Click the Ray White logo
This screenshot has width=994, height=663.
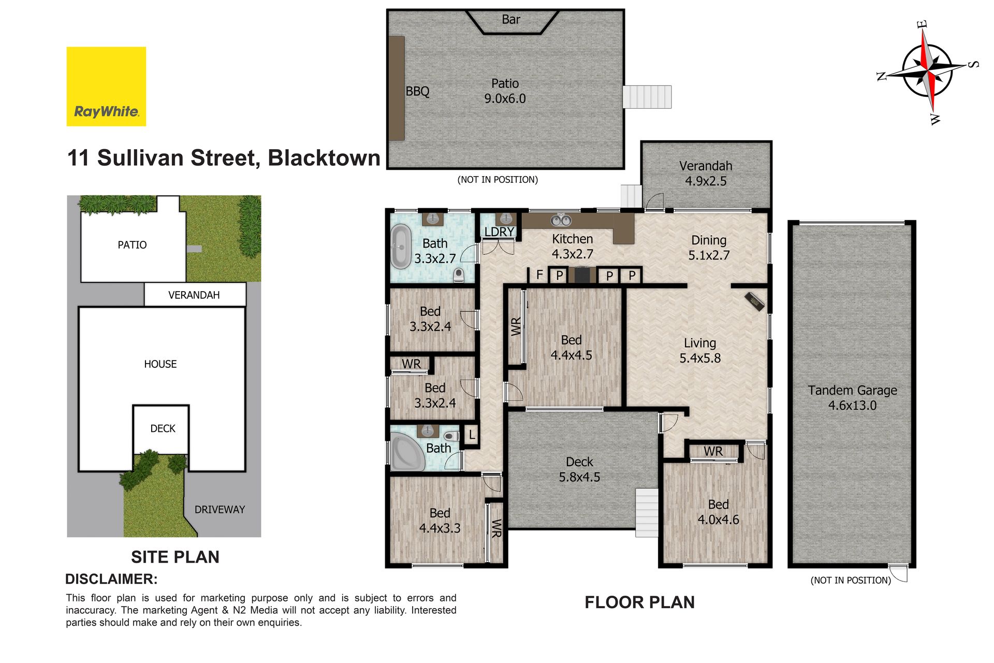coord(106,87)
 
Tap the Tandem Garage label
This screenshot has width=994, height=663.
coord(852,398)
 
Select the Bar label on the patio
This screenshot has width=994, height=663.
coord(510,20)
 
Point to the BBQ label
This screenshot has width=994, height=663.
coord(417,91)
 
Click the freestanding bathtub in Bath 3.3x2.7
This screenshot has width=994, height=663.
coord(401,247)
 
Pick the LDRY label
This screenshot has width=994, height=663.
coord(499,232)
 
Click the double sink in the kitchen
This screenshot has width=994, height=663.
coord(561,221)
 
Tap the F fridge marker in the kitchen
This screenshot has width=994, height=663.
coord(539,275)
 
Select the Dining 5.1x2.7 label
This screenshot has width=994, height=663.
coord(709,248)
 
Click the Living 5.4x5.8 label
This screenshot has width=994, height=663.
coord(700,351)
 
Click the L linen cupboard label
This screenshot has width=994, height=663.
coord(472,435)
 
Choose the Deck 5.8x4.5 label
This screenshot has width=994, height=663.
coord(579,469)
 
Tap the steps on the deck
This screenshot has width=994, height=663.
coord(647,512)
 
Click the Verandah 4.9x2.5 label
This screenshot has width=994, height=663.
coord(706,174)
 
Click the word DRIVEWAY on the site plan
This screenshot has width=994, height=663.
coord(220,510)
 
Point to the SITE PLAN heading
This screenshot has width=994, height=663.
coord(175,557)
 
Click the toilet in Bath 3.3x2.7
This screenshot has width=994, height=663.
coord(459,275)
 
